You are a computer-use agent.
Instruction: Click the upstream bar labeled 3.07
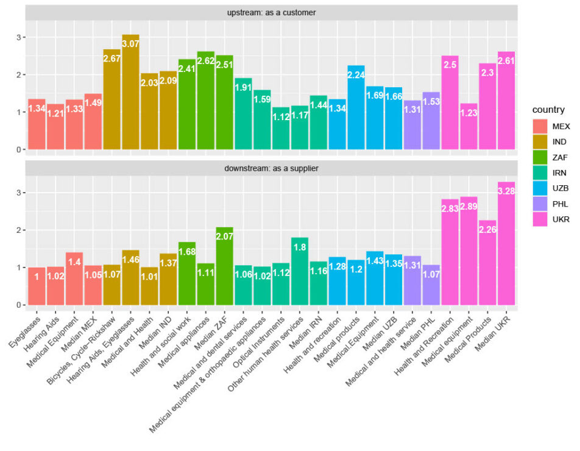pos(130,92)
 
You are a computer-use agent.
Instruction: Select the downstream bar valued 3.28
pos(506,244)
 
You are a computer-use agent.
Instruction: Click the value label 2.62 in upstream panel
pos(205,62)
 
